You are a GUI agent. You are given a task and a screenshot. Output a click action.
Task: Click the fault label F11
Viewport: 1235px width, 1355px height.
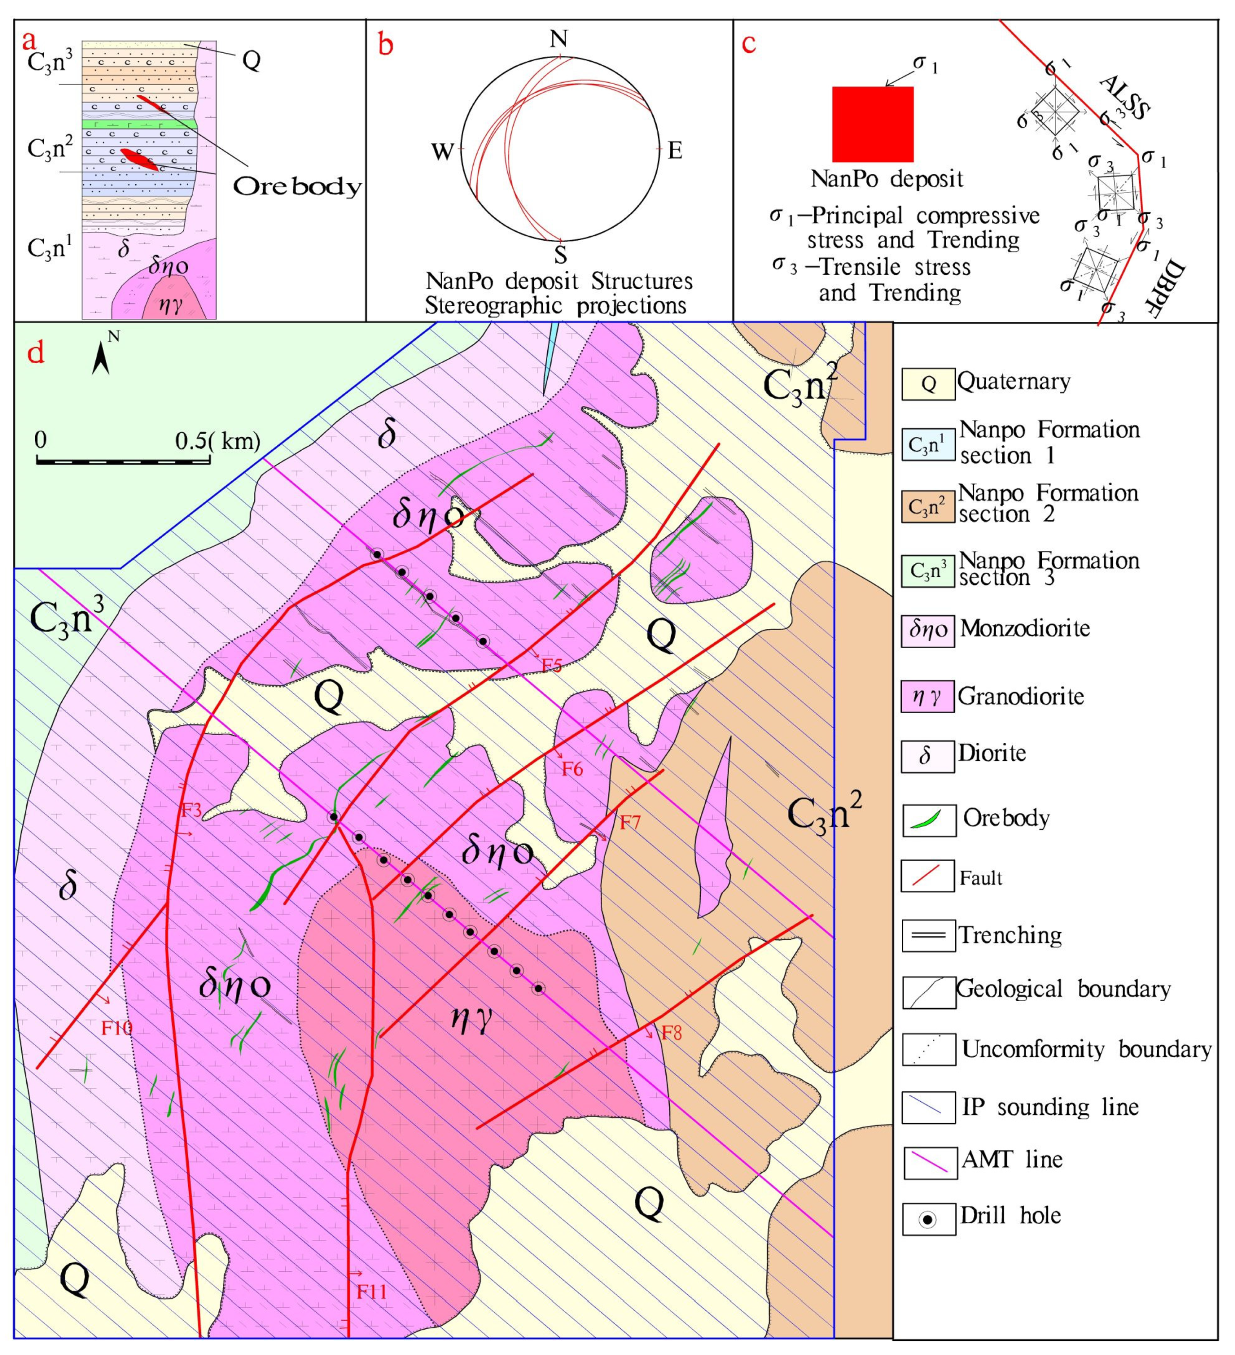pos(371,1291)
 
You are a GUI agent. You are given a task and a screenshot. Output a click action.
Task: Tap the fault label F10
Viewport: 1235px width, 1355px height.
pos(117,1028)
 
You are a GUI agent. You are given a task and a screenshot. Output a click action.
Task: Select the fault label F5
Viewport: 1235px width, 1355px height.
pos(551,666)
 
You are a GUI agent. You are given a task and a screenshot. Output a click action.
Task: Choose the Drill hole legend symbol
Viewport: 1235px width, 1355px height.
pos(929,1220)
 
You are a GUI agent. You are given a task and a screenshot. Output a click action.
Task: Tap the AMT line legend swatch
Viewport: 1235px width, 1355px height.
pos(929,1163)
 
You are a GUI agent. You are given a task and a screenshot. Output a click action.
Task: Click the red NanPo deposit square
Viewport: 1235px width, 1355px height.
pos(872,124)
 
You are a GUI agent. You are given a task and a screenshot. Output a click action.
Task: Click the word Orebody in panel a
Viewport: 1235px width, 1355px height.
pos(297,186)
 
